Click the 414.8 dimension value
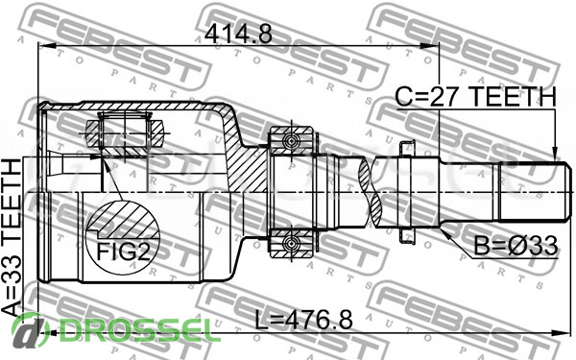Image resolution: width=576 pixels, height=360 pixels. (x=238, y=35)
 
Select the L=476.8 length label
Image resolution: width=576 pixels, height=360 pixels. (x=303, y=320)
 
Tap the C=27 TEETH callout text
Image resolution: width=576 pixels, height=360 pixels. (x=476, y=97)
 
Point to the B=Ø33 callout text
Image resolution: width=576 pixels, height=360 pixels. (x=516, y=246)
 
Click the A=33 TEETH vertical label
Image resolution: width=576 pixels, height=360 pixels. (x=12, y=238)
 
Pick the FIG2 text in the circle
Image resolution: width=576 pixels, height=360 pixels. (x=124, y=252)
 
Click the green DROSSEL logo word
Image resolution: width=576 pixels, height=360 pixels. (x=136, y=330)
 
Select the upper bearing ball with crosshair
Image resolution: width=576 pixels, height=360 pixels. (x=292, y=141)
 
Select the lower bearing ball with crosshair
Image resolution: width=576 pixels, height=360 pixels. (x=292, y=243)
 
